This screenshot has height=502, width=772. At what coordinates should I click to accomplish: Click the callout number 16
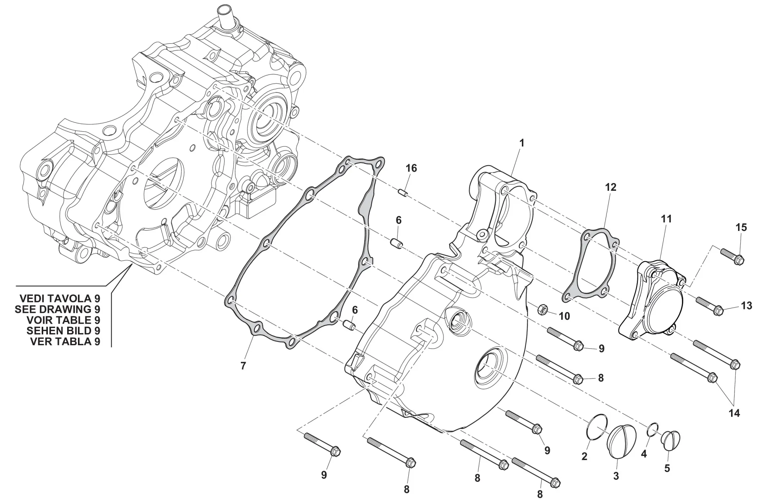point(411,168)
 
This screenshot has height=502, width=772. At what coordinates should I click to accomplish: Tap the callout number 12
point(611,187)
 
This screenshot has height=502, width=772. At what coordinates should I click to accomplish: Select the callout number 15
point(741,227)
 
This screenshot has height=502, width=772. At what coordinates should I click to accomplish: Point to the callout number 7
point(243,366)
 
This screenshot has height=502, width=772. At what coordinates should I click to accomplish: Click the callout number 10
point(564,316)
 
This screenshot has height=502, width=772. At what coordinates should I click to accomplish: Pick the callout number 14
point(734,413)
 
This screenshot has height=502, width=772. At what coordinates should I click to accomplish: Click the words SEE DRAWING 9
point(58,309)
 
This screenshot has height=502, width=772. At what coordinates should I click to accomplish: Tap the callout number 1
point(521,143)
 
